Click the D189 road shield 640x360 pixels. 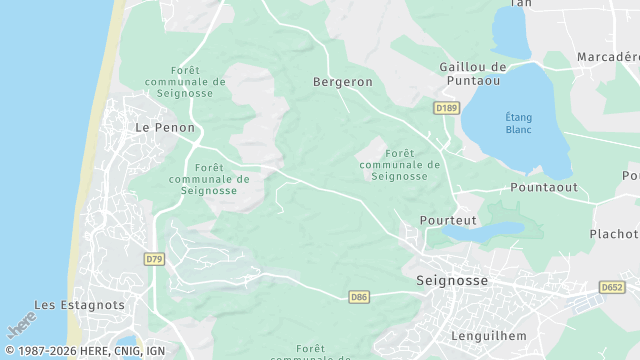point(446,107)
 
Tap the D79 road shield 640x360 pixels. point(153,259)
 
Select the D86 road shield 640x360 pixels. point(359,297)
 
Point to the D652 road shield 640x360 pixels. point(612,287)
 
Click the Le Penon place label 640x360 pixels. point(157,128)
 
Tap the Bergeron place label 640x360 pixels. point(342,82)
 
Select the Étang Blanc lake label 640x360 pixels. point(518,122)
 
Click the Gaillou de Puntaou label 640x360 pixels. point(473,74)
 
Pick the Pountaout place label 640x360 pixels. point(544,187)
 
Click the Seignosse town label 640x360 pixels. point(451,281)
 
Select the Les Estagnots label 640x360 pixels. point(80,305)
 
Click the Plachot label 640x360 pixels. point(613,234)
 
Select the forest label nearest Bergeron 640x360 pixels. point(399,164)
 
